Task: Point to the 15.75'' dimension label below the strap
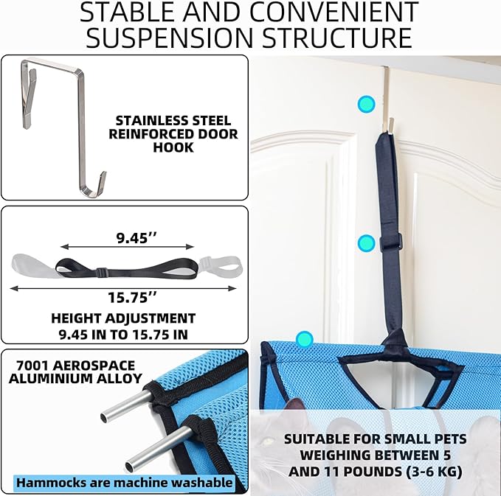(133, 298)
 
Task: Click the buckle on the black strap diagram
(101, 272)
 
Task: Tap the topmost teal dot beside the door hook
(366, 104)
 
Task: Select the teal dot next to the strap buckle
(366, 243)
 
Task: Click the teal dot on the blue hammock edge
(304, 339)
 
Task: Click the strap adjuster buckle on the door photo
(391, 241)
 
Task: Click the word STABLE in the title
(128, 12)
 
